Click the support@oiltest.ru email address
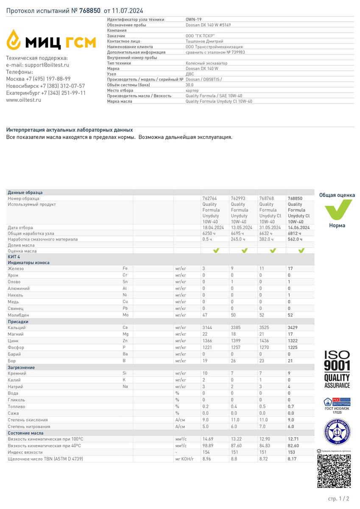click(x=47, y=65)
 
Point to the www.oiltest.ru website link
click(x=23, y=100)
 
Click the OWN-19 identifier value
click(x=193, y=20)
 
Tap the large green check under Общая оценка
click(x=338, y=209)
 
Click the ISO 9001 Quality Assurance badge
click(x=337, y=369)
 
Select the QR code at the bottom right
click(x=334, y=471)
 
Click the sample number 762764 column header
click(x=209, y=198)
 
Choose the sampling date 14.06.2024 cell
click(x=299, y=228)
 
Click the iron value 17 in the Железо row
click(x=290, y=268)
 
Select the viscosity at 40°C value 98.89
click(x=208, y=446)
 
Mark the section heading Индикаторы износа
click(x=28, y=263)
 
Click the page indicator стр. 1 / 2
click(x=339, y=498)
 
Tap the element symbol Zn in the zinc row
click(x=125, y=341)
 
